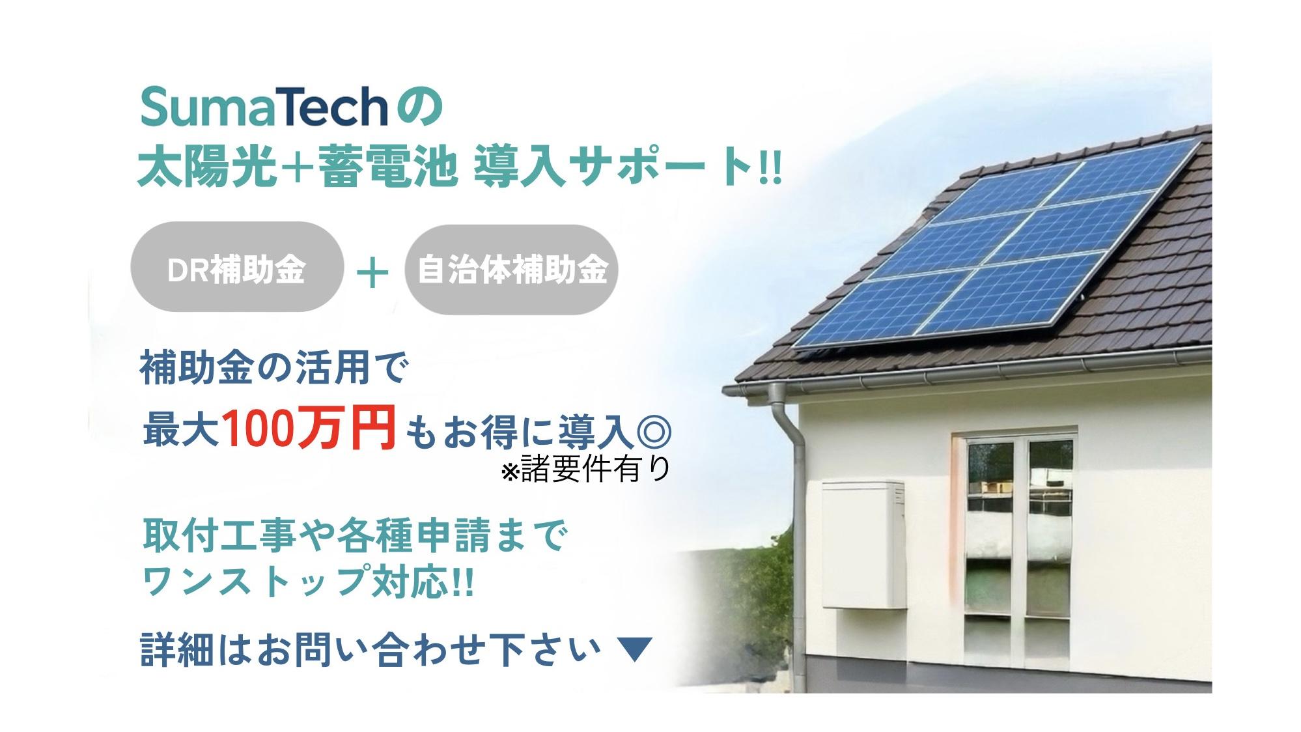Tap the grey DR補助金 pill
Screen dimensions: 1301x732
[x=237, y=267]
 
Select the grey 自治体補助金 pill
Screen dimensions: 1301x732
[x=511, y=270]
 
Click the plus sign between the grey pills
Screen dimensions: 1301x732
[x=373, y=272]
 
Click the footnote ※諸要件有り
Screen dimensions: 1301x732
[x=585, y=468]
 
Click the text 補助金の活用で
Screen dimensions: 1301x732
[x=274, y=370]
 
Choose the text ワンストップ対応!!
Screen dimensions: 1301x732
[x=307, y=581]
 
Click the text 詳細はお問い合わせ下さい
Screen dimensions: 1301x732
[x=370, y=650]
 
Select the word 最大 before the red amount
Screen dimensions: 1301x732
[x=181, y=429]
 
